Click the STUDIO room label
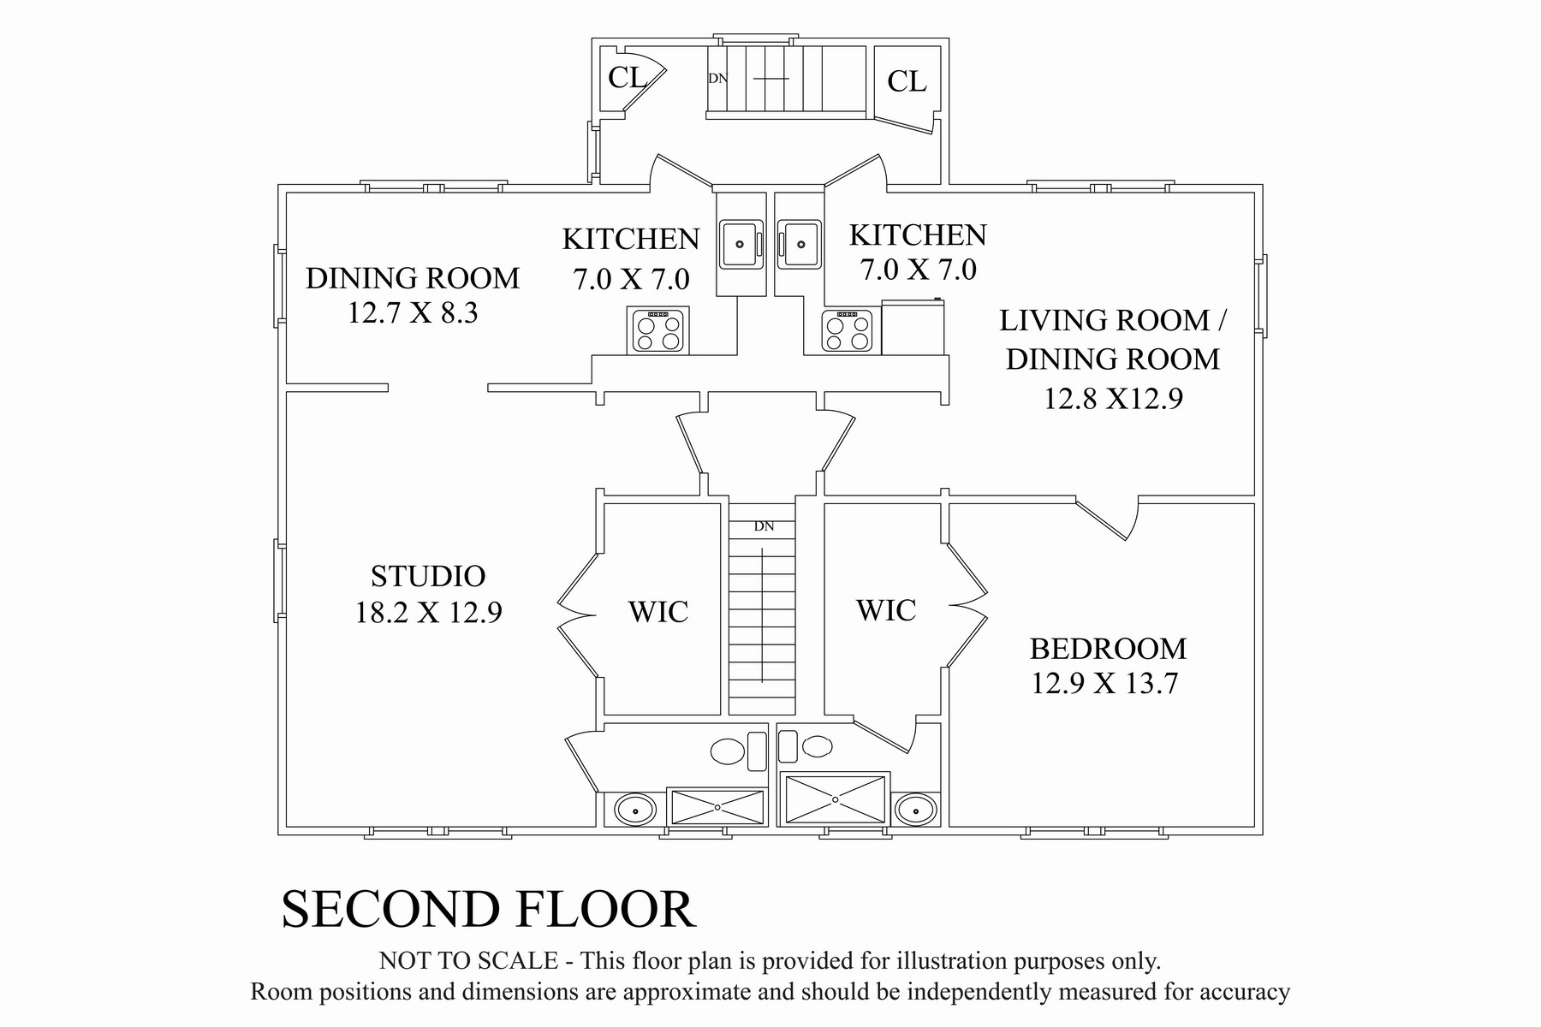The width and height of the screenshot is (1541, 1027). coord(428,576)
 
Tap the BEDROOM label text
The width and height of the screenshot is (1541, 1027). coord(1108,649)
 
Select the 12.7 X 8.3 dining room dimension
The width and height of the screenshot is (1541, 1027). coord(413,313)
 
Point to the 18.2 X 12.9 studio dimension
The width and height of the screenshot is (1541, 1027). coord(428,613)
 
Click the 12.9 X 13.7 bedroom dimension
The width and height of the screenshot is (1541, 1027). coord(1104,684)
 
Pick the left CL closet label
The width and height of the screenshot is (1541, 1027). coord(627,78)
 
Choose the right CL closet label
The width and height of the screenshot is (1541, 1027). coord(907,81)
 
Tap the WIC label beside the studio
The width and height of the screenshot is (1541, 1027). coord(658,612)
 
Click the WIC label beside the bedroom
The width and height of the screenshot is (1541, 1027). coord(886,610)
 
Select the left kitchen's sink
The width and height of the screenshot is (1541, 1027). coord(740,243)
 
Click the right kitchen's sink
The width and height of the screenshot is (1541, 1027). coord(800,244)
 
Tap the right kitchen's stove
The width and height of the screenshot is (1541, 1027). coord(848,331)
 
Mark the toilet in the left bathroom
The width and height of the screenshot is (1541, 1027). coord(737,751)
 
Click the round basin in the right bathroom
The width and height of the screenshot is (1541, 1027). coord(915,809)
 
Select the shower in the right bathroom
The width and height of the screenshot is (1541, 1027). coord(836,799)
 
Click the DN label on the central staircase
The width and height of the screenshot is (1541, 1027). coord(764,526)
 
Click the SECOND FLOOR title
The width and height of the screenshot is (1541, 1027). coord(488,909)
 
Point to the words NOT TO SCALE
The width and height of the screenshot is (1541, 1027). coord(468,961)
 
